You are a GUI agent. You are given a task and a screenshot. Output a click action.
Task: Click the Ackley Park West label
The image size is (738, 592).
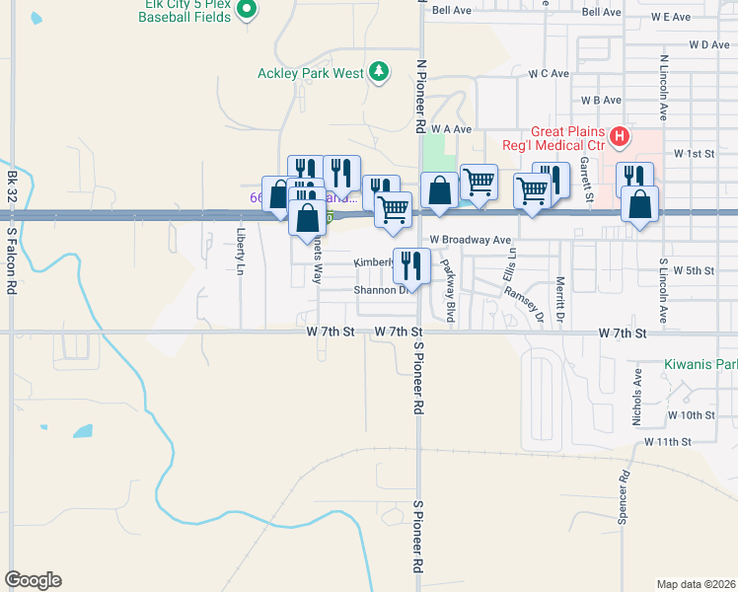[x=310, y=73]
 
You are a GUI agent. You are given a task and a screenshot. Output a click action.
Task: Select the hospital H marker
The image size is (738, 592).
[x=620, y=136]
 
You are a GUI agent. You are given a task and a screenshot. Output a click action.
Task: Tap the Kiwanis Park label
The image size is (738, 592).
[x=701, y=364]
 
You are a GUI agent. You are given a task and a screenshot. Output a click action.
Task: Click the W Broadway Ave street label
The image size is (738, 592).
[x=470, y=240]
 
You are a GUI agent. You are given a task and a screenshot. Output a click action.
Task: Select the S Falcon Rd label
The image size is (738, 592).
[x=13, y=261]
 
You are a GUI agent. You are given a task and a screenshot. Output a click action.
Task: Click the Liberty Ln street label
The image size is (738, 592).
[x=241, y=251]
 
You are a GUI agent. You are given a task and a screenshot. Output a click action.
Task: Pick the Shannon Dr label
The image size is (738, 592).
[x=382, y=291]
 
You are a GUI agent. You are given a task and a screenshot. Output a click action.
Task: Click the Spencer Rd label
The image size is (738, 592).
[x=624, y=502]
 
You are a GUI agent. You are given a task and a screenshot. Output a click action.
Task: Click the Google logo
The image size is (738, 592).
[x=33, y=580]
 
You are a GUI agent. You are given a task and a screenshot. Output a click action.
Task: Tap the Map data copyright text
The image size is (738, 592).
[x=696, y=584]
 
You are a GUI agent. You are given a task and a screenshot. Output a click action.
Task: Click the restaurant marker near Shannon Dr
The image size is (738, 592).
[x=411, y=264]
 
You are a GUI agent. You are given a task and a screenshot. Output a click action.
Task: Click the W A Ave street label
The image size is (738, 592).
[x=451, y=129]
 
